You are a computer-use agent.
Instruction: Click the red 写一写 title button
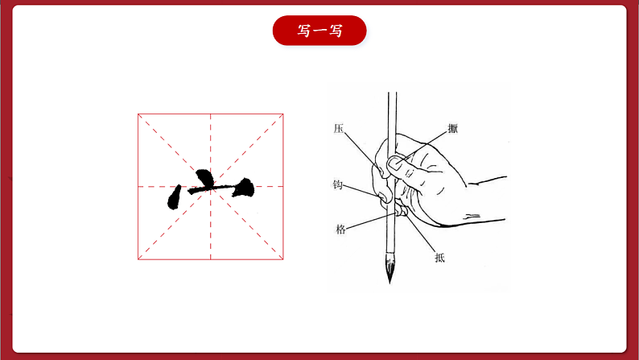319,31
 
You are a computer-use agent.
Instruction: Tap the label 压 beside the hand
339,128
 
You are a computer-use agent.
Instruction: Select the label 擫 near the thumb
453,128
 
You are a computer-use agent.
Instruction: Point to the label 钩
337,184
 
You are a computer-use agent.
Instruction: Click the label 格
340,230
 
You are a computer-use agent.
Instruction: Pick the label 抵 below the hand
439,258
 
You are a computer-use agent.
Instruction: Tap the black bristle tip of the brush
390,267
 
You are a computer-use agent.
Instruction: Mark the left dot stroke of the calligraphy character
174,197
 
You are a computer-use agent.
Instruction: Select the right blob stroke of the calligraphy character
245,188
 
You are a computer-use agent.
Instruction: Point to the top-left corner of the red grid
138,114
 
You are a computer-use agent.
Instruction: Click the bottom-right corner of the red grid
283,259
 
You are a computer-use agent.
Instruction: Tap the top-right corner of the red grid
283,114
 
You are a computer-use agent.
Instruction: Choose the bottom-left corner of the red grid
138,259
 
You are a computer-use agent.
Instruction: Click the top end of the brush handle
392,93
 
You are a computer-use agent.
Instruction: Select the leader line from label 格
371,221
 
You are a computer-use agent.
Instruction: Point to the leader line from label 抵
420,232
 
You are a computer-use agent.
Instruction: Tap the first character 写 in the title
303,31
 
